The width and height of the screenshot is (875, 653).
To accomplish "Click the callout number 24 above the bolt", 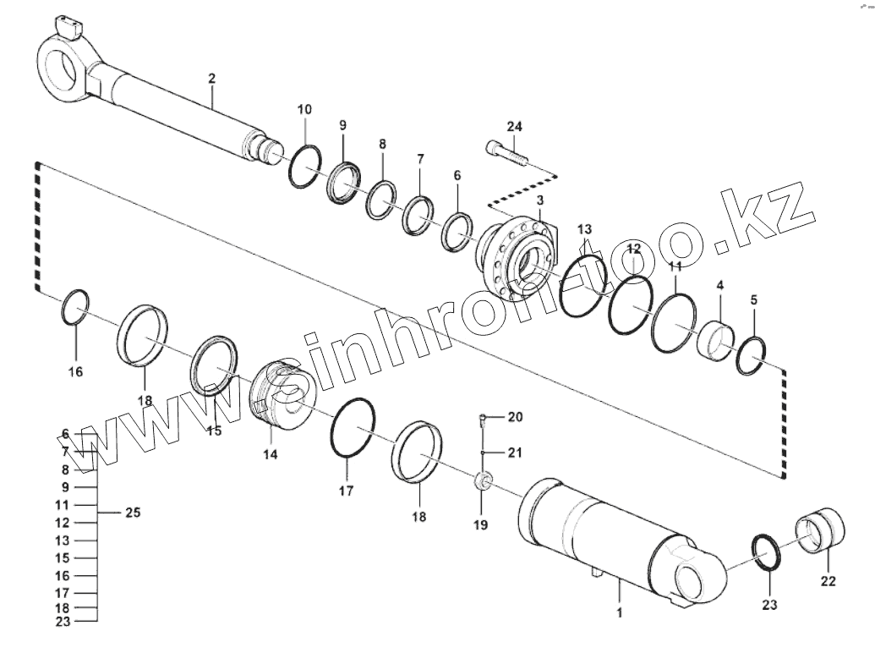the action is pyautogui.click(x=514, y=127).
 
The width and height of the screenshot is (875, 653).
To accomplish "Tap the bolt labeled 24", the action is pyautogui.click(x=506, y=153).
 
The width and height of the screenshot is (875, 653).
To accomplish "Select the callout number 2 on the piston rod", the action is pyautogui.click(x=211, y=79).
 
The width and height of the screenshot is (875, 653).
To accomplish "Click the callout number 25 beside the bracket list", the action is pyautogui.click(x=133, y=513).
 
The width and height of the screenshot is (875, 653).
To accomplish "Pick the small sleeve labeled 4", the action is pyautogui.click(x=714, y=339).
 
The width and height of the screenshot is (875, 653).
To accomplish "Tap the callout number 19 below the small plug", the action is pyautogui.click(x=480, y=524).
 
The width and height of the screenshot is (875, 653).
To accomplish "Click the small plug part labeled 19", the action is pyautogui.click(x=484, y=481).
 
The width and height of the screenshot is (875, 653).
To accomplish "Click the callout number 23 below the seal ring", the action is pyautogui.click(x=768, y=605).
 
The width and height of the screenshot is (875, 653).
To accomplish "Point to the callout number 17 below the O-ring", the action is pyautogui.click(x=346, y=490).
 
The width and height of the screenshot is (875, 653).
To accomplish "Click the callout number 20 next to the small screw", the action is pyautogui.click(x=516, y=417).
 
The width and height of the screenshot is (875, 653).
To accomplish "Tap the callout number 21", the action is pyautogui.click(x=516, y=453).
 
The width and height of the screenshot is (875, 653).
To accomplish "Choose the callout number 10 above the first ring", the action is pyautogui.click(x=304, y=109).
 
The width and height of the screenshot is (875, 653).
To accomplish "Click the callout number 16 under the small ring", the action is pyautogui.click(x=76, y=370).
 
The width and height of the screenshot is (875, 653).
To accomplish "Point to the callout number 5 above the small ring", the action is pyautogui.click(x=754, y=299).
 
